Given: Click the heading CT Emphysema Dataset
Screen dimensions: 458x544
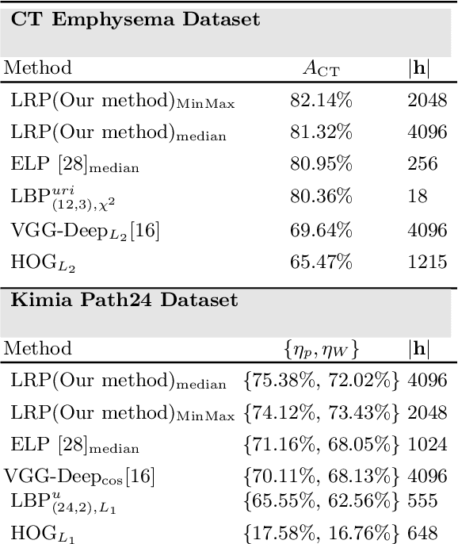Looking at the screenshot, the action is click(135, 19).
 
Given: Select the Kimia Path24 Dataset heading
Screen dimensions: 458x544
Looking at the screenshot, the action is click(124, 300).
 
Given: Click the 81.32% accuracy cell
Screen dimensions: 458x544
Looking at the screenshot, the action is click(321, 132).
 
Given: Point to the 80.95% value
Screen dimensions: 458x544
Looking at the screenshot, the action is click(321, 163).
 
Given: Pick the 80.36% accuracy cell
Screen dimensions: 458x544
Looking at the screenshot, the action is click(321, 196).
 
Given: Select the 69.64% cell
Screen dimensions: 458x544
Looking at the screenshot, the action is click(321, 229).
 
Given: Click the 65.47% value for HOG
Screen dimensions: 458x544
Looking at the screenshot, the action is click(321, 261).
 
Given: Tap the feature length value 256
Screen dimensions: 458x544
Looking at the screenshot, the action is click(422, 163).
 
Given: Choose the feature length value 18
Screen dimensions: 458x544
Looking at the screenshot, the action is click(418, 196).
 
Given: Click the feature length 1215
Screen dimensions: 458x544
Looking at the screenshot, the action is click(427, 261).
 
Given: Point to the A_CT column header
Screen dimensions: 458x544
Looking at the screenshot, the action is click(320, 68).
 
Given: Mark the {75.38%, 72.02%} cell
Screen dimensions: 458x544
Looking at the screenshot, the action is click(322, 381).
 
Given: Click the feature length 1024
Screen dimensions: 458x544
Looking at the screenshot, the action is click(427, 444).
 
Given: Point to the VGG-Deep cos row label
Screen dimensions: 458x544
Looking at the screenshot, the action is click(79, 477).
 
